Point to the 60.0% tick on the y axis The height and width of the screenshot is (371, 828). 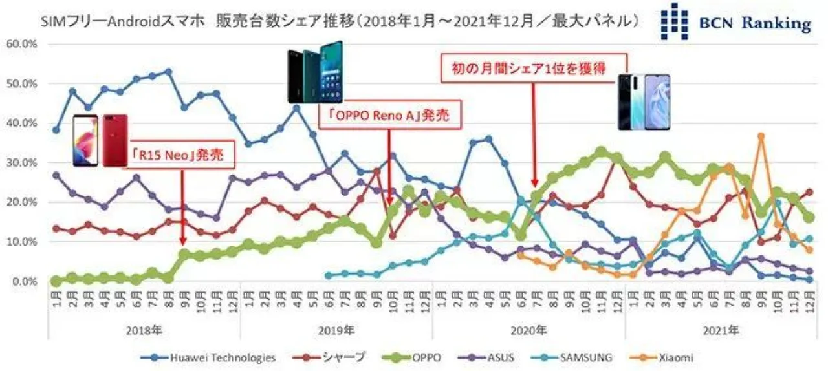[x=23, y=44]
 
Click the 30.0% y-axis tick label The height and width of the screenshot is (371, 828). [x=23, y=163]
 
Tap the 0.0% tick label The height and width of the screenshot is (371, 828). [x=25, y=282]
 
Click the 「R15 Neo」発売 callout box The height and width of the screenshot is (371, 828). [x=182, y=157]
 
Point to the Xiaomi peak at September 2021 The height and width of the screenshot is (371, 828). [x=761, y=136]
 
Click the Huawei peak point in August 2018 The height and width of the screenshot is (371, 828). [x=168, y=72]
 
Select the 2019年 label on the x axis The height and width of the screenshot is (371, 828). [x=336, y=330]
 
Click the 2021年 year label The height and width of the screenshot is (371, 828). [x=721, y=330]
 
